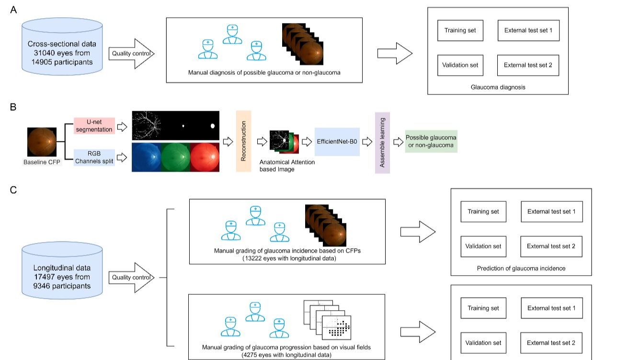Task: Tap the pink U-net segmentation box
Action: [94, 126]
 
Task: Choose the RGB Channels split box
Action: [94, 157]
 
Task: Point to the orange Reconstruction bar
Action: [243, 141]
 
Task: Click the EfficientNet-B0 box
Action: [337, 142]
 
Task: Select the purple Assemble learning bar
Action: [382, 142]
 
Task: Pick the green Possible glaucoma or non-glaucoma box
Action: [431, 141]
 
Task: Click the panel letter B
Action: [13, 107]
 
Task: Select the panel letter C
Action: [13, 190]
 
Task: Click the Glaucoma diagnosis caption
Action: [497, 87]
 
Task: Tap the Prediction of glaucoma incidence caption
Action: [521, 268]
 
